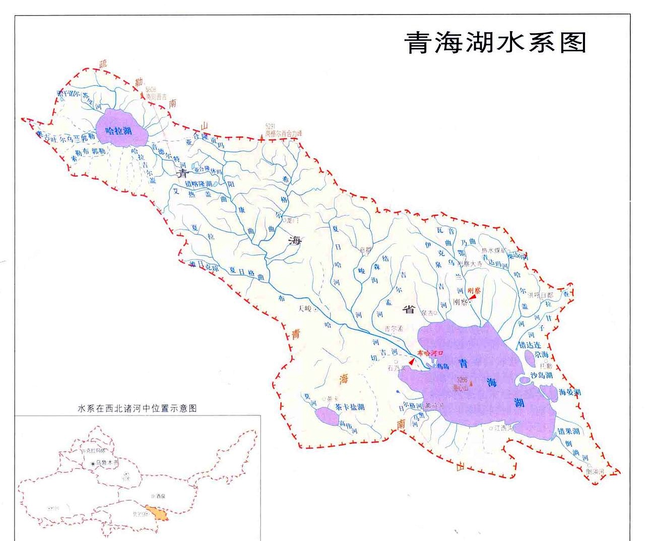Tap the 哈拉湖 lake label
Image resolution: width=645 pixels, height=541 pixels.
pos(118,131)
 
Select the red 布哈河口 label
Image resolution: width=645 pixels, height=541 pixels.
pos(430,353)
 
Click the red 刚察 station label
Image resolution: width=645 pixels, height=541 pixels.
pos(474,291)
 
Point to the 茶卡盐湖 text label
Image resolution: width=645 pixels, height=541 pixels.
pos(350,407)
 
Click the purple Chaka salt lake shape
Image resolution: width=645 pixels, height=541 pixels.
pos(327,417)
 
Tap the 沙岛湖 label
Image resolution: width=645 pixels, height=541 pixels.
pos(542,375)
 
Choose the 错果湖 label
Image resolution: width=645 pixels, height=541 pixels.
pos(568,431)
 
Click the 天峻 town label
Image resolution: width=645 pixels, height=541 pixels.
pos(305,308)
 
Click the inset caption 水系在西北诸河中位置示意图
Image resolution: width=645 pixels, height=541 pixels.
pos(137,409)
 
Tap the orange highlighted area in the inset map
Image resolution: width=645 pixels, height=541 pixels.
pos(156,514)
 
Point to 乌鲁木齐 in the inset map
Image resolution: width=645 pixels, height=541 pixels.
pos(107,462)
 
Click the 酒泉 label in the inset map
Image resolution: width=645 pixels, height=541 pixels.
pos(161,496)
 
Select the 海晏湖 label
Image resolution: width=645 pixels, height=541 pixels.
pos(569,392)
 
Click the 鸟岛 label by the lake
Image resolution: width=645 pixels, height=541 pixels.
pos(442,367)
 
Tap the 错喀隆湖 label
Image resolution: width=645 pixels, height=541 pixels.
pos(199,184)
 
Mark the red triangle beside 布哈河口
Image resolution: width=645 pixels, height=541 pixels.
pos(412,361)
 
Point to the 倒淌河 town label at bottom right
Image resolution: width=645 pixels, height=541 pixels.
pos(595,471)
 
